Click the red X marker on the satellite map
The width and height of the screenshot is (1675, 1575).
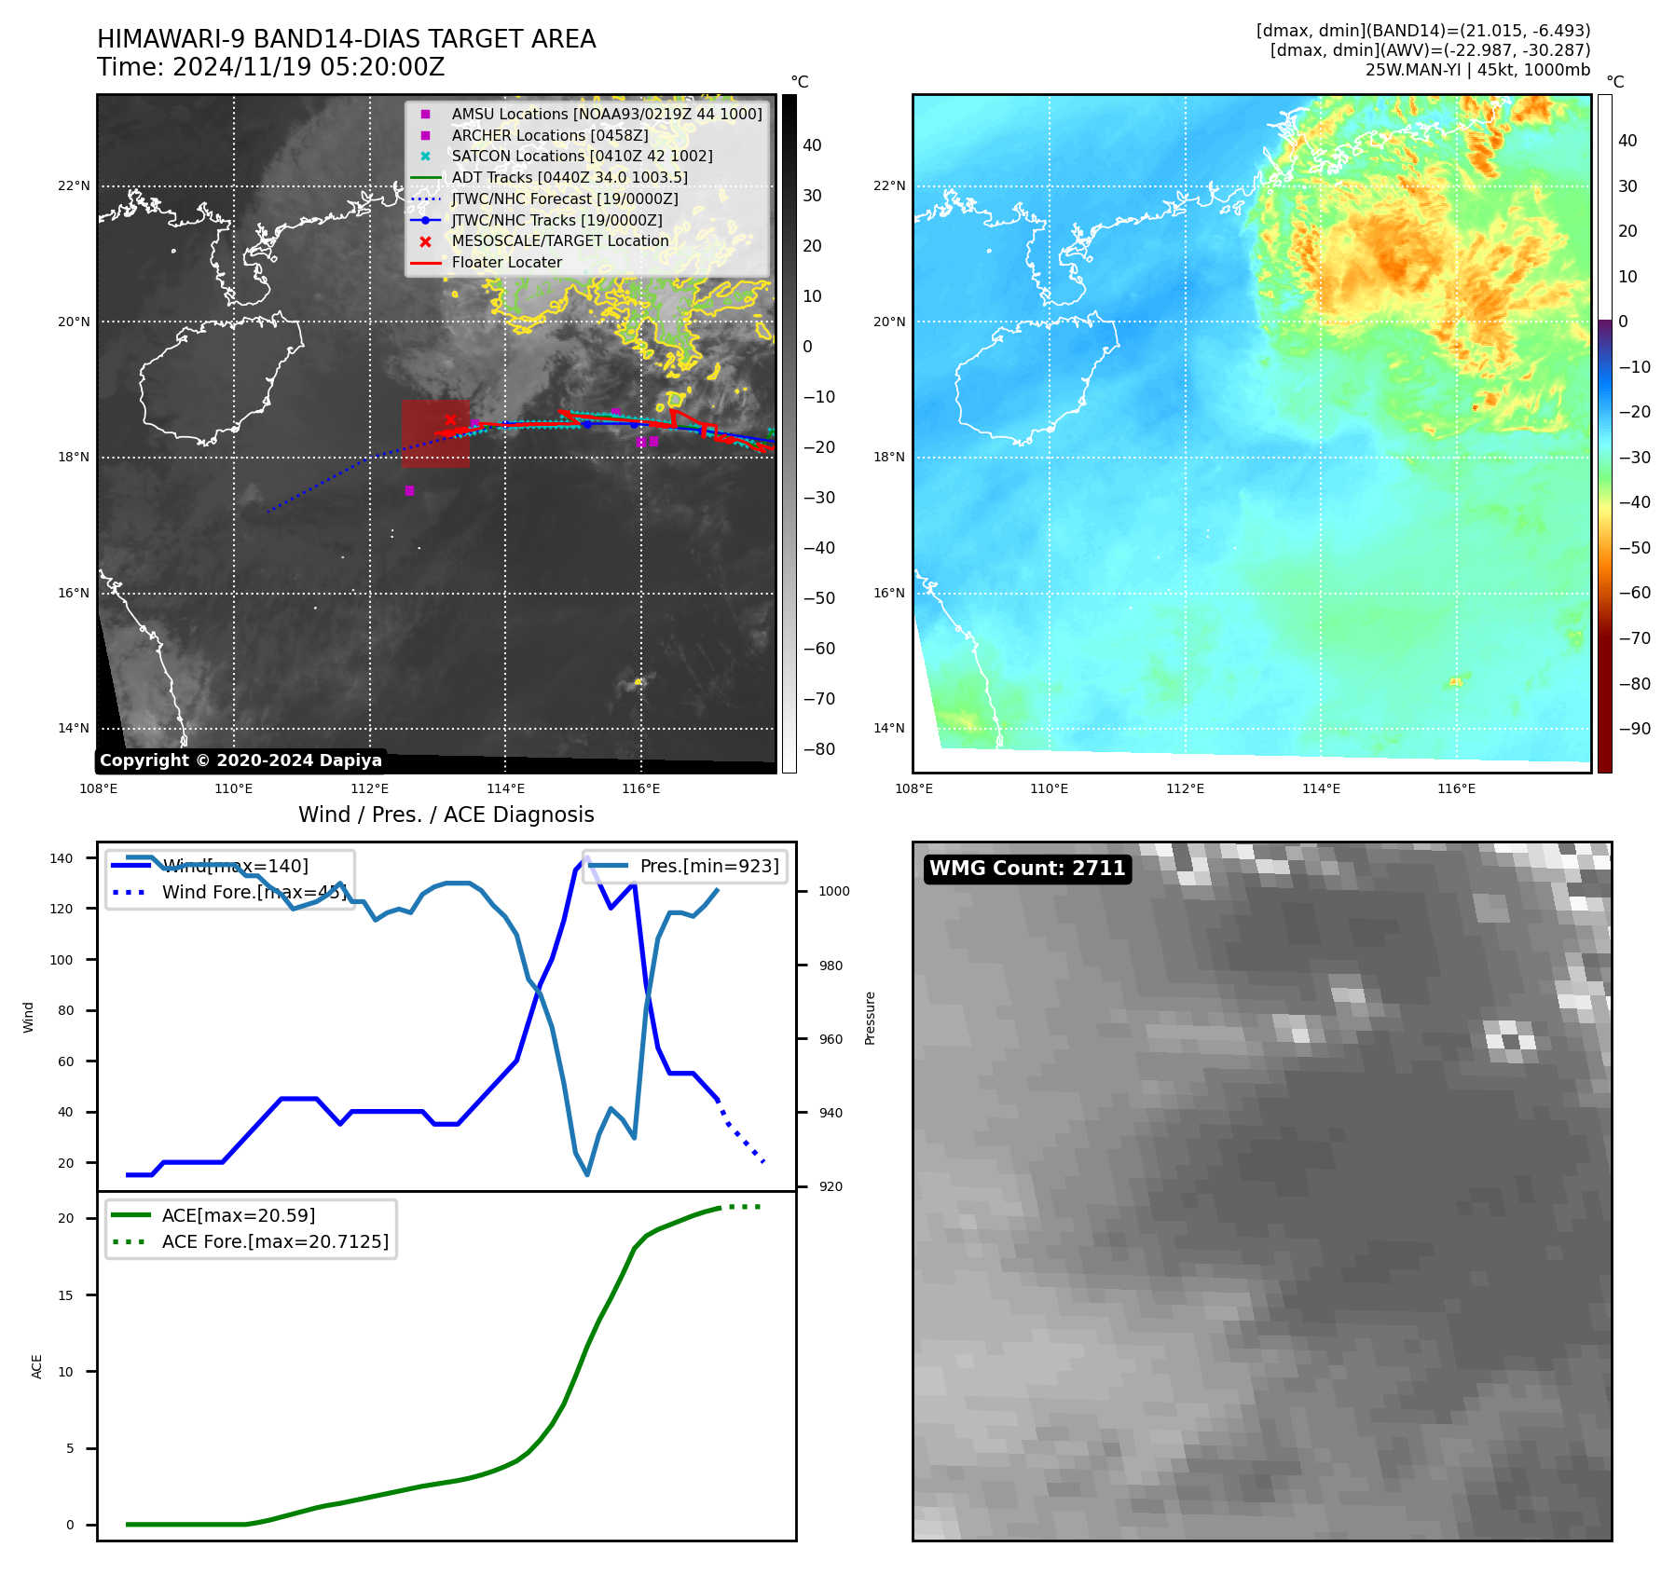(450, 419)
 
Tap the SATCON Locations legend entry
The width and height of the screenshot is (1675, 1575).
(582, 156)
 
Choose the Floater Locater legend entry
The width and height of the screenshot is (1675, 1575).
(506, 262)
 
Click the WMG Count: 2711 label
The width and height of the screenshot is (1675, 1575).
(1027, 869)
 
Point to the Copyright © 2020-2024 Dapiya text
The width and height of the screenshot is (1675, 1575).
(240, 760)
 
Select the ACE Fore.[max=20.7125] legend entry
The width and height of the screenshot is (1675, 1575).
(275, 1241)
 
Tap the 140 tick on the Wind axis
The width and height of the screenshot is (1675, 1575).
(62, 858)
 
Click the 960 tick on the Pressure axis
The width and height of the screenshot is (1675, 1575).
(831, 1039)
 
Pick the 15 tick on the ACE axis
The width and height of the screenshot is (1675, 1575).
(65, 1295)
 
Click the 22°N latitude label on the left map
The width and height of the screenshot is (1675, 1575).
(75, 186)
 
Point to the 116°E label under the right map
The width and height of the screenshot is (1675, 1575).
(1456, 789)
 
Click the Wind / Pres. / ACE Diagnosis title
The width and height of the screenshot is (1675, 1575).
(446, 815)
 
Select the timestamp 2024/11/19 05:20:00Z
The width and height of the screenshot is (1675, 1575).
(309, 67)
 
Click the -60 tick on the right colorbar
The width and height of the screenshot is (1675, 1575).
(1634, 593)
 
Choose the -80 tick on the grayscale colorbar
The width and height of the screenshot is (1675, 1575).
(819, 749)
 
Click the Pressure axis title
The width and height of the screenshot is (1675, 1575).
(870, 1018)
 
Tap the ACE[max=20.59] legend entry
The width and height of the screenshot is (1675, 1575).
(239, 1215)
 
